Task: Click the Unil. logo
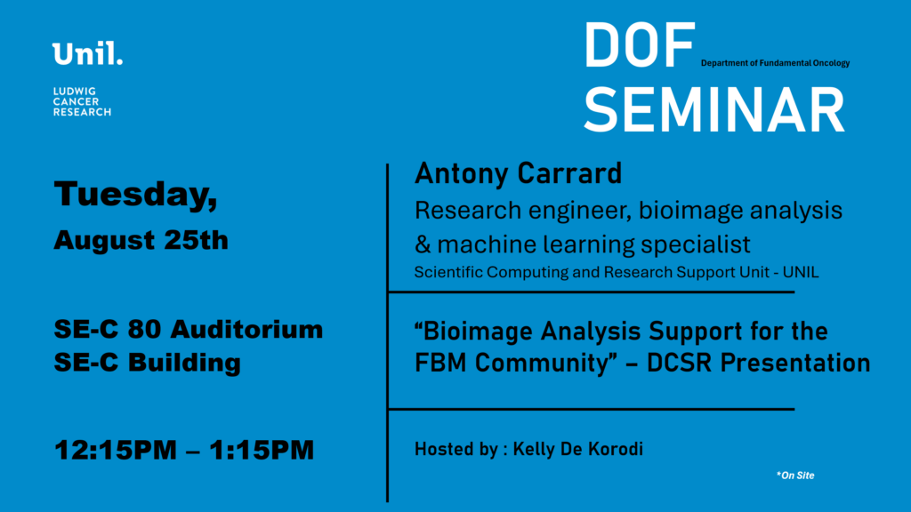click(87, 53)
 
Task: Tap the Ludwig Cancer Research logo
click(82, 101)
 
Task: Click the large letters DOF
click(639, 46)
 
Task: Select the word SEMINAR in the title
click(714, 109)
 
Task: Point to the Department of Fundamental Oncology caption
click(775, 63)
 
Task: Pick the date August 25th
click(141, 240)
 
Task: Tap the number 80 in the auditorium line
click(144, 329)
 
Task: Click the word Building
click(184, 363)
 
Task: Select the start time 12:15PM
click(116, 450)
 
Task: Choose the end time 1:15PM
click(262, 450)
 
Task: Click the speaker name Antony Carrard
click(519, 173)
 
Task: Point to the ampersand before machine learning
click(423, 244)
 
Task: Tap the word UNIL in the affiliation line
click(801, 272)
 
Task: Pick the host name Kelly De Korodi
click(578, 449)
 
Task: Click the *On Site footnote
click(795, 476)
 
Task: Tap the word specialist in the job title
click(696, 244)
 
